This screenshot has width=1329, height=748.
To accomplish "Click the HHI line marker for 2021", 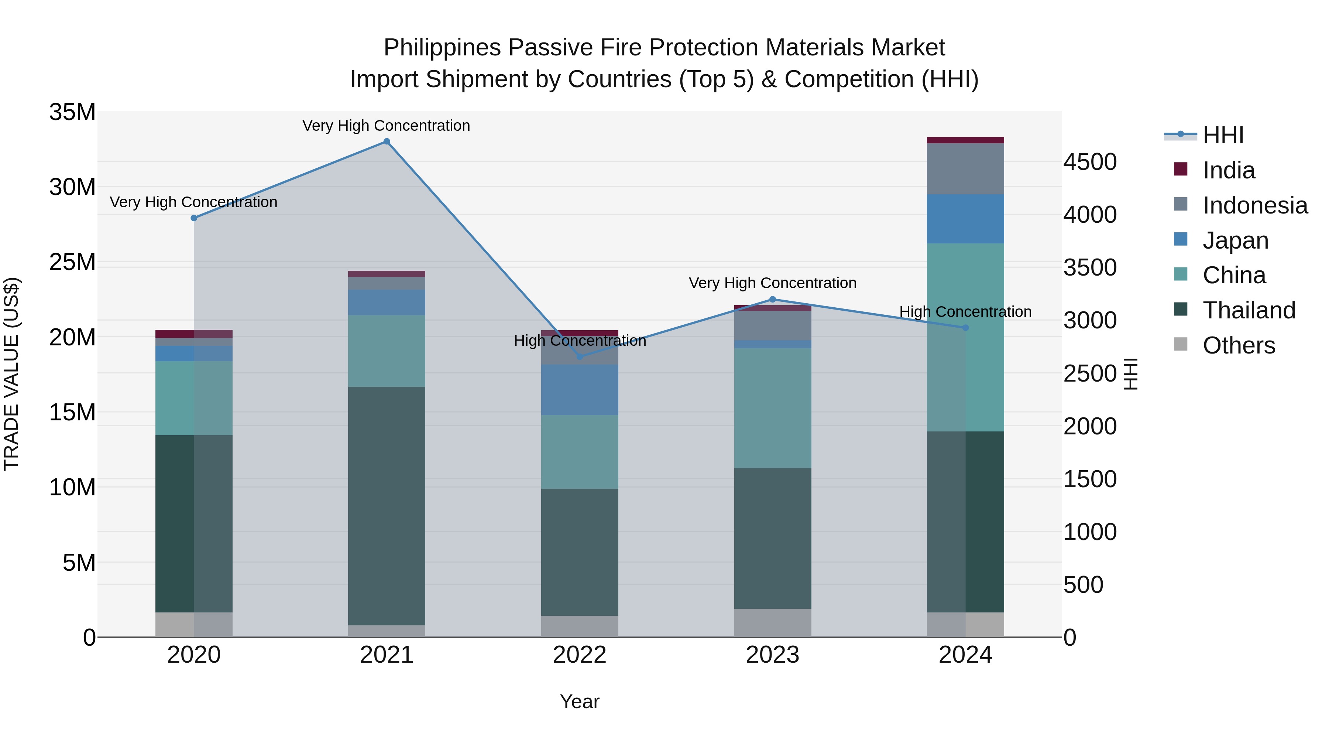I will click(x=387, y=141).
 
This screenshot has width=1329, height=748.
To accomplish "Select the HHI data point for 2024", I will click(x=966, y=328).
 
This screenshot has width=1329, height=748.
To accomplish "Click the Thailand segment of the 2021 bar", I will click(x=387, y=506).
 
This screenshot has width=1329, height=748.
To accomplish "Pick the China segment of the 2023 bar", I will click(x=772, y=408).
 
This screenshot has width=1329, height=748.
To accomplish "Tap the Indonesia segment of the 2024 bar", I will click(x=965, y=169).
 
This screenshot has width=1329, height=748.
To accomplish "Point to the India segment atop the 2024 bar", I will click(x=965, y=140).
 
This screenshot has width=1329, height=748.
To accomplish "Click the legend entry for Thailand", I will click(x=1249, y=310).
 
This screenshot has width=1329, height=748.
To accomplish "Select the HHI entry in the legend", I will click(x=1223, y=135).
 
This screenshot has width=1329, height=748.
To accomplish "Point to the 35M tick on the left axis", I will click(x=72, y=112).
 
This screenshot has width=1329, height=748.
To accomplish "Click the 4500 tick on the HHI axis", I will click(x=1090, y=162).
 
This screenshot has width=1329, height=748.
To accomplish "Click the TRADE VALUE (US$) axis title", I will click(x=11, y=374).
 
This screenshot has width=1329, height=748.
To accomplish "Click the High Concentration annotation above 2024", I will click(x=965, y=312).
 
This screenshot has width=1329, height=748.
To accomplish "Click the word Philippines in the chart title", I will click(x=442, y=48).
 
